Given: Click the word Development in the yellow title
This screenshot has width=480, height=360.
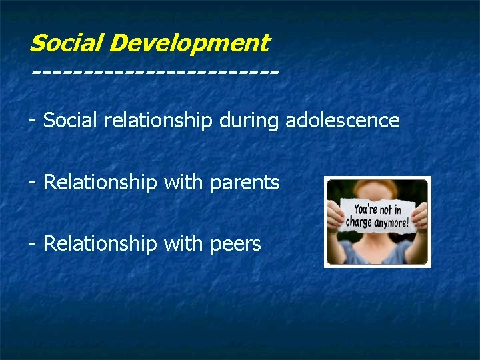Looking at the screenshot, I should (x=189, y=44).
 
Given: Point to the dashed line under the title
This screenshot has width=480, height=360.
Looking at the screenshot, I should (x=154, y=69).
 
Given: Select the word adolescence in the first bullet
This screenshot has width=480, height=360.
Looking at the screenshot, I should (x=342, y=121).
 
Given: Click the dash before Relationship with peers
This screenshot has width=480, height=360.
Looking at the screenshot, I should (x=32, y=244).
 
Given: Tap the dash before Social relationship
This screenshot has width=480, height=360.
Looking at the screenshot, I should (x=32, y=121).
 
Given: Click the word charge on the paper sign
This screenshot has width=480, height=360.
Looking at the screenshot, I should (x=359, y=223).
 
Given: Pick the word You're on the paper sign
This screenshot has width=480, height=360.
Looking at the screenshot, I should (x=366, y=208).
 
